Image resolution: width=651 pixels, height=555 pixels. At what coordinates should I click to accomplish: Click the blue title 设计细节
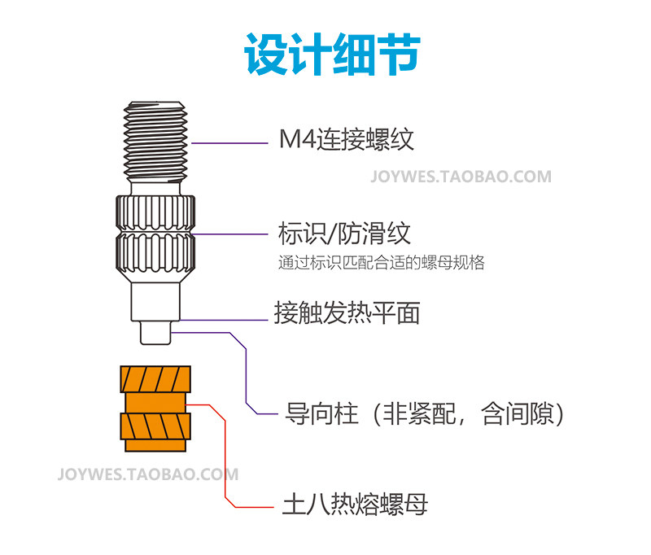tap(332, 55)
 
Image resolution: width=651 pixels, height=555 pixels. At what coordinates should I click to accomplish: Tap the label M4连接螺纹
tap(347, 139)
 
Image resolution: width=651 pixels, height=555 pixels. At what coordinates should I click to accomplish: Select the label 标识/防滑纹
tap(344, 234)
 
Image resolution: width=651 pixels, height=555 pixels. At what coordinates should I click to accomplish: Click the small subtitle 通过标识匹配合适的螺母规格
tap(381, 262)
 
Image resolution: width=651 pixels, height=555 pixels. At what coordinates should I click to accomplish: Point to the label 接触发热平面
tap(347, 312)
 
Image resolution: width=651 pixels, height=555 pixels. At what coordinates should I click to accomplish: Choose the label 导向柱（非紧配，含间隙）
tap(424, 414)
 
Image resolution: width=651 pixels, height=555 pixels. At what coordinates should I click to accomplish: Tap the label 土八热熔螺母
tap(355, 505)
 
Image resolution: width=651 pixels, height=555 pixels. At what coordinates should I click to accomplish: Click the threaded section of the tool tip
tap(155, 142)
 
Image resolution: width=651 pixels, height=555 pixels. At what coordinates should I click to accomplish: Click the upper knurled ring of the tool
tap(155, 214)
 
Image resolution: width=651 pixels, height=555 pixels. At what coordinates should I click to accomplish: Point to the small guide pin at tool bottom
tap(155, 333)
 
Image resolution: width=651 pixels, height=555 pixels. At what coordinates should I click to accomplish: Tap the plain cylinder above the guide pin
tap(155, 302)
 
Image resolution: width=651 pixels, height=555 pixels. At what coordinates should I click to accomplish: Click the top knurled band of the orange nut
tap(155, 379)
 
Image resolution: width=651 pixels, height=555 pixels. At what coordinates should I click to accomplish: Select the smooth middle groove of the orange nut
tap(155, 403)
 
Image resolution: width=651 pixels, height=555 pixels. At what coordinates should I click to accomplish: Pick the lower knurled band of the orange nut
tap(155, 426)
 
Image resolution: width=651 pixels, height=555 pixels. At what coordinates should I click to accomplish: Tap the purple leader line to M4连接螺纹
tap(229, 143)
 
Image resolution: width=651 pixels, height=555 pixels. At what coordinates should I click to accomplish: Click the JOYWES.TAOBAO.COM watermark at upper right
tap(461, 177)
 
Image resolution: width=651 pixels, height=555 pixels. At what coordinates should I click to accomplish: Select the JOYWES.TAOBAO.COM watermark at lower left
tap(148, 474)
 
